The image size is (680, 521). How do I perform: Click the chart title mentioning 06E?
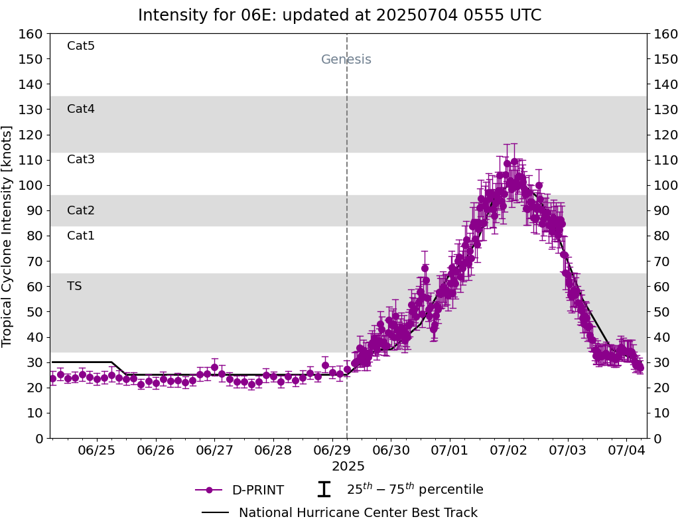pos(340,15)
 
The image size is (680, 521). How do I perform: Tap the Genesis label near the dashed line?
pos(346,60)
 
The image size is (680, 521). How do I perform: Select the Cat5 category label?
pos(81,46)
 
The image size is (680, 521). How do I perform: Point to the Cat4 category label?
pos(81,109)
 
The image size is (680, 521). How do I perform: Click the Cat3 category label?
pos(81,159)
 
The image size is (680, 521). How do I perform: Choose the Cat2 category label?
pos(81,210)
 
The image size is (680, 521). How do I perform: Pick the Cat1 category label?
pos(81,236)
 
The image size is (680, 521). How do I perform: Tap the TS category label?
pos(74,286)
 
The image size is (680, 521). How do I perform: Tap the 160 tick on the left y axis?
pos(31,34)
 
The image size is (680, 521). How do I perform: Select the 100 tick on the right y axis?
pos(664,185)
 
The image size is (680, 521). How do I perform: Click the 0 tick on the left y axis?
pos(39,438)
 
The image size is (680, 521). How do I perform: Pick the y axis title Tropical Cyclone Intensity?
pos(8,236)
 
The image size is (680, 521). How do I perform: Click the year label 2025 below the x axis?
pos(348,467)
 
